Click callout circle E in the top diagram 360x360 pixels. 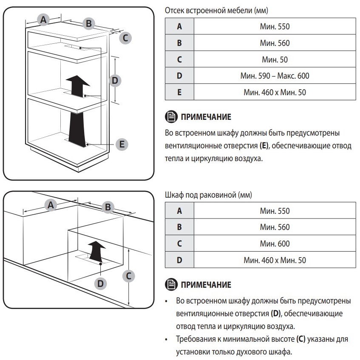(122, 145)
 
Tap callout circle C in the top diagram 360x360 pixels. (125, 38)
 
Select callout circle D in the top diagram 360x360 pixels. (114, 79)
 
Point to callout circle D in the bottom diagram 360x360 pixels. (100, 282)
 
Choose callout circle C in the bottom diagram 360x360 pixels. (129, 276)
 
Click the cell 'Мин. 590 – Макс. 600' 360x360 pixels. (275, 76)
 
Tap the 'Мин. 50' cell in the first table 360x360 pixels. (275, 60)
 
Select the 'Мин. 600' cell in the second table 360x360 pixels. (275, 244)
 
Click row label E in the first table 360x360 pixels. (179, 92)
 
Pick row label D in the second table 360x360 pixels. (179, 260)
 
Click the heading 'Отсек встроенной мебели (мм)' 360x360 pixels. (216, 10)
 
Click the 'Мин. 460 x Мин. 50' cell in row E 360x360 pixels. (275, 92)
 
